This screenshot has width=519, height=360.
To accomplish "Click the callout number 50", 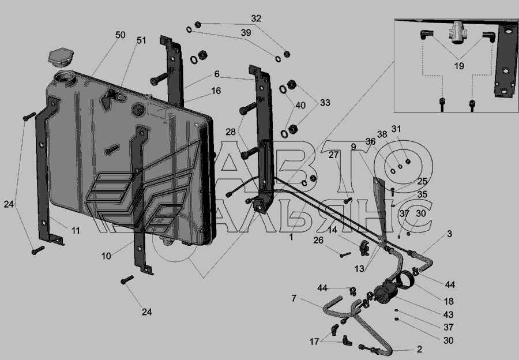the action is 120,35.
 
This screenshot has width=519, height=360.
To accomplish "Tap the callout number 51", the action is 141,40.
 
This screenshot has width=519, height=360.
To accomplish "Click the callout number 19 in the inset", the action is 459,66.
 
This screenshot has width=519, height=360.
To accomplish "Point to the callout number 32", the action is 256,18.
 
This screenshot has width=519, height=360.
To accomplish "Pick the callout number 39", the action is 246,32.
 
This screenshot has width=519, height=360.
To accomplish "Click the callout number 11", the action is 76,231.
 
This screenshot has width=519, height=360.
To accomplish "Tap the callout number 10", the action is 106,256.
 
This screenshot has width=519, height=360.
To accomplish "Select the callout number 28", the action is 231,132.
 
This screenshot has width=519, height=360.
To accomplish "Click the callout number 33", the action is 325,103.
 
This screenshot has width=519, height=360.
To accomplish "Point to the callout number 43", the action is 448,314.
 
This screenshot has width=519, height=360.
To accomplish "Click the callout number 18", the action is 449,301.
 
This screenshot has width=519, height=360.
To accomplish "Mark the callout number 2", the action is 419,349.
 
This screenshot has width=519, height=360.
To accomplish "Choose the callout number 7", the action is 294,298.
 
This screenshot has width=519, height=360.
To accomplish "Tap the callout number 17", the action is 314,342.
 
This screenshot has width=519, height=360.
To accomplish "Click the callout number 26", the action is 318,240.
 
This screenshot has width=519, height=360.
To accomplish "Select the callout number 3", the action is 449,234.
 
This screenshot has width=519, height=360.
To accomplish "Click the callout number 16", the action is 216,91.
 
